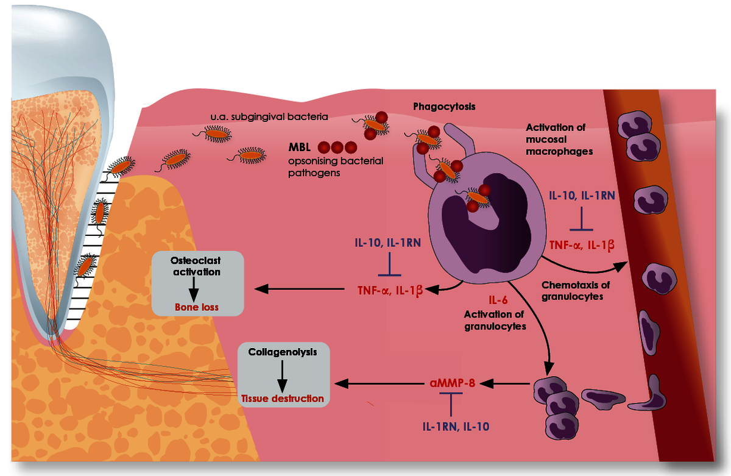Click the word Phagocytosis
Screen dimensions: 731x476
[444, 107]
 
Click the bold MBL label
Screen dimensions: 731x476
[299, 147]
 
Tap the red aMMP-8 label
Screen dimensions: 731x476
[452, 383]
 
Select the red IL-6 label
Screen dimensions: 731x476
[498, 300]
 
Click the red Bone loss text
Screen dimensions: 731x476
[196, 307]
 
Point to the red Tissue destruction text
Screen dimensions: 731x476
[282, 399]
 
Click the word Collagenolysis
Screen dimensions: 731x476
[282, 352]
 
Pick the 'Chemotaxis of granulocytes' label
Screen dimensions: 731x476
[575, 291]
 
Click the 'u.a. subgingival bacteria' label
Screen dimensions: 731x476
[269, 117]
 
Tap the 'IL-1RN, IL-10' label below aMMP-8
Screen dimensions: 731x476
[456, 427]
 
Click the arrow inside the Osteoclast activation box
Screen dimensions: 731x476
[194, 290]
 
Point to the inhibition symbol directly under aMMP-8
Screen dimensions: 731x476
[451, 404]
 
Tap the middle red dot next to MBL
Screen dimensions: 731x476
[337, 147]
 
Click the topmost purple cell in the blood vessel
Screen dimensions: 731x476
[634, 125]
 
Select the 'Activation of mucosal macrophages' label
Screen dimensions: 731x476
[559, 140]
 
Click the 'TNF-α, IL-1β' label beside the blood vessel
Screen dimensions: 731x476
[582, 245]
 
